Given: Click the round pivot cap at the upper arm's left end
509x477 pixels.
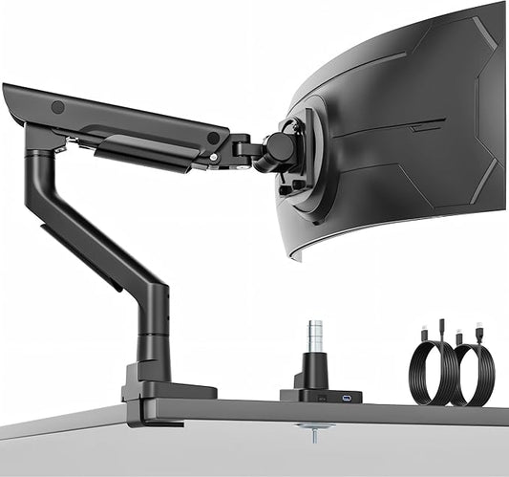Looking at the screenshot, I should (x=57, y=107).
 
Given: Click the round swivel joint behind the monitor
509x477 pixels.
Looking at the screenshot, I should (x=280, y=146).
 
